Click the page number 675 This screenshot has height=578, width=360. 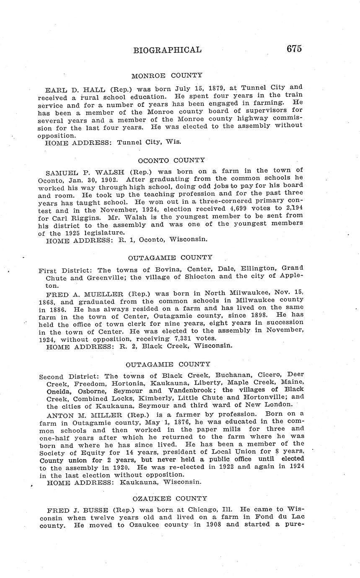[x=294, y=49]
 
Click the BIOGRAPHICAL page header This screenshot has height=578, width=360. [x=167, y=50]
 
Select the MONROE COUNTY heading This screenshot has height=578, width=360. [x=167, y=76]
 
